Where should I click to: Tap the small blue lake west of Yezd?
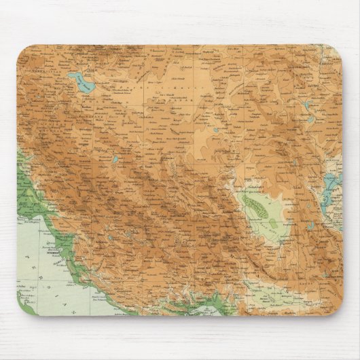pos(115,160)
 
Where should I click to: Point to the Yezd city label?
pos(147,166)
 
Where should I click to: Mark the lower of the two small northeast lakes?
pos(312,121)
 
